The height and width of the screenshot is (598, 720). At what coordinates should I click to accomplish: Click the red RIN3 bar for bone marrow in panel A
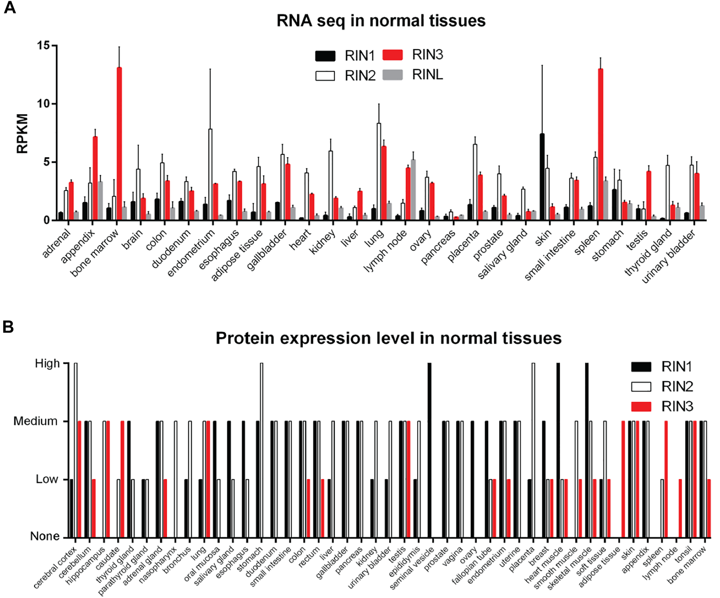pos(119,144)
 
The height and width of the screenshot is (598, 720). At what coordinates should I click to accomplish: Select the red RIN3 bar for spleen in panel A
pos(601,144)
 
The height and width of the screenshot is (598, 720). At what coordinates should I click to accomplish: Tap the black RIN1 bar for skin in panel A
pos(542,177)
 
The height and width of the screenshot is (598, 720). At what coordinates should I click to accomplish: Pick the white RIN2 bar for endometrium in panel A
pos(210,175)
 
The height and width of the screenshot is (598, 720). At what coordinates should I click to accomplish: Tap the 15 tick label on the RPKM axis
pos(43,45)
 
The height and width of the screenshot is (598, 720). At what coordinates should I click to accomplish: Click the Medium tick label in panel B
pos(35,421)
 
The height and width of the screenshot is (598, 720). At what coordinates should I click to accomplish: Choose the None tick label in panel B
pos(44,536)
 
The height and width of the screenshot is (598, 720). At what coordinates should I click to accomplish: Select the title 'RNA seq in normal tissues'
pos(381,21)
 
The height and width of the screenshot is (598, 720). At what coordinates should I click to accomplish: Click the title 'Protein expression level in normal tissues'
pos(388,338)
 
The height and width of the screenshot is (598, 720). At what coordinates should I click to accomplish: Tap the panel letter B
pos(8,327)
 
